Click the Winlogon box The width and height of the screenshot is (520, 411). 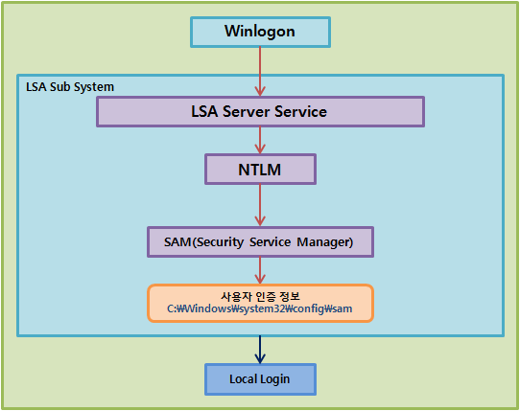pos(260,33)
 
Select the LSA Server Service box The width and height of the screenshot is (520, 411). pos(260,111)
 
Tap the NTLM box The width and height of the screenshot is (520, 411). pos(260,170)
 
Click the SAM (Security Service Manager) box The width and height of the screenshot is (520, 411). pos(260,242)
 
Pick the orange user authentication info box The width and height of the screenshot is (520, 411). pos(260,303)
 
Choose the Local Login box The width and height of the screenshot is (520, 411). pos(260,379)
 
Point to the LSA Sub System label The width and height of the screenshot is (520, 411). pos(70,87)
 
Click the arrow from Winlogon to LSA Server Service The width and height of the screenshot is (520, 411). pos(260,72)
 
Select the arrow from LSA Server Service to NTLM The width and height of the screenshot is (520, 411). pos(260,141)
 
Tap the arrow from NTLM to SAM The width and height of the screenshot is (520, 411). pos(260,205)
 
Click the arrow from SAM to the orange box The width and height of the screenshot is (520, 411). pos(260,270)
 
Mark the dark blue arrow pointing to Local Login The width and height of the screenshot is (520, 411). pos(260,350)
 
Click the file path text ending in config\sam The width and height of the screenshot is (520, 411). pos(260,308)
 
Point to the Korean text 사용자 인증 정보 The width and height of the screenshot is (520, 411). pos(260,296)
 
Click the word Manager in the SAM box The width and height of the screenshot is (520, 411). pos(324,242)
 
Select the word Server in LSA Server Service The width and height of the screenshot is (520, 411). pos(247,111)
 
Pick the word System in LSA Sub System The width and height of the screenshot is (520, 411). pos(94,87)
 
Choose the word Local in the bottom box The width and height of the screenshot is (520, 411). pos(242,378)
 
